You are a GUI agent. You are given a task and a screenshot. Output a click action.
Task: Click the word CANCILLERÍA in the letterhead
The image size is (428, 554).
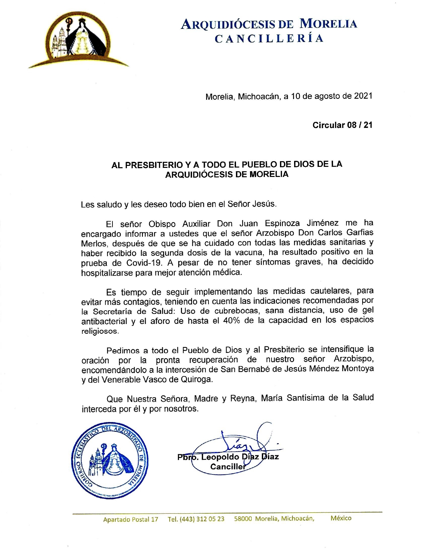(269, 39)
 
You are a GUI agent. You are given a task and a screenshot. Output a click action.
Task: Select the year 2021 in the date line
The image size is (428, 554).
(363, 96)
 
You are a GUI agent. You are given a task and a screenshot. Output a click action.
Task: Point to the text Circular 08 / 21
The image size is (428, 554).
(342, 125)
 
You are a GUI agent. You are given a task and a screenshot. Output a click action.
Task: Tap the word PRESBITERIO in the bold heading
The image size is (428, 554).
(153, 165)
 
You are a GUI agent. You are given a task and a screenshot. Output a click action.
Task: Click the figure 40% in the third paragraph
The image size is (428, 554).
(232, 320)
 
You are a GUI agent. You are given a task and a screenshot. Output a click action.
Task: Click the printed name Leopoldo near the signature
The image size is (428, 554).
(220, 457)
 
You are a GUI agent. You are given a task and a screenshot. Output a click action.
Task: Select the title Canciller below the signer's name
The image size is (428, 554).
(228, 467)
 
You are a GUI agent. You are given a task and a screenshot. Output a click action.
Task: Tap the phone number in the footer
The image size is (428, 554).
(196, 519)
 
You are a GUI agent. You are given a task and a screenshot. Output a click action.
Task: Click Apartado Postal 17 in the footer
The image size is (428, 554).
(131, 519)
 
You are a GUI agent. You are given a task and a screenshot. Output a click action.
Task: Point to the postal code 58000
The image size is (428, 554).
(243, 518)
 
